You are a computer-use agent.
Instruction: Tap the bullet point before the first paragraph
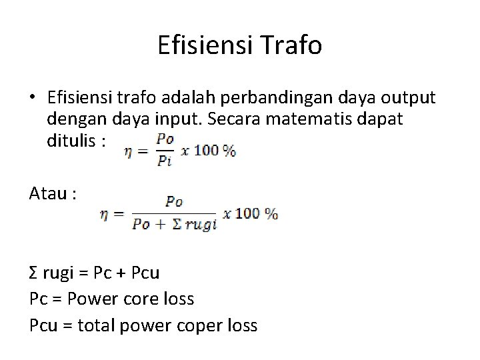(33, 99)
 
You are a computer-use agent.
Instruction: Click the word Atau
(49, 194)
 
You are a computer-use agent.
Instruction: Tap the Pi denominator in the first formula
(165, 160)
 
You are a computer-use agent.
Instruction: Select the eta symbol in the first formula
(130, 152)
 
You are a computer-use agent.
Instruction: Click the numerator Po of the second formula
(175, 201)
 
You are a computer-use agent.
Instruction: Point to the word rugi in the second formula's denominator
(203, 225)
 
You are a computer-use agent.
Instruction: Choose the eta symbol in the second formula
(105, 214)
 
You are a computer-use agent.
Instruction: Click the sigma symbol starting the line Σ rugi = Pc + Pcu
(34, 273)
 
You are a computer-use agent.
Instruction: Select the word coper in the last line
(199, 325)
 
